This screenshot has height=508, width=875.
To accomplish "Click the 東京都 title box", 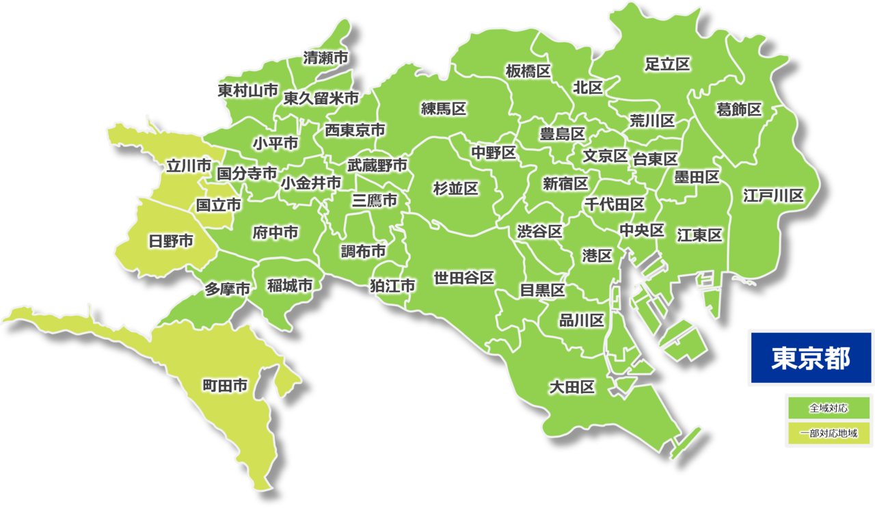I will pos(811,358).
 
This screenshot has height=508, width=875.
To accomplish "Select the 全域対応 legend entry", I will pos(829,408).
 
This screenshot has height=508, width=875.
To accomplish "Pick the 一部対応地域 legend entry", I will pos(829,433).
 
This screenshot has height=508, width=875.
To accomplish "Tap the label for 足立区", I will pos(667,64).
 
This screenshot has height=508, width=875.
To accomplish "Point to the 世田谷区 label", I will pos(463,278).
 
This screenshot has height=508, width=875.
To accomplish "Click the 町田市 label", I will pos(225,386).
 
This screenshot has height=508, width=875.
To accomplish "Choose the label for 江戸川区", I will pos(773,196).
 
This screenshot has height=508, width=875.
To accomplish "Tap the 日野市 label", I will pos(170,241).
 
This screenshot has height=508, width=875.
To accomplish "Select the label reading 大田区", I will pos(572,388).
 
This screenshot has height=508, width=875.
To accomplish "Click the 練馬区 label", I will pos(443,108).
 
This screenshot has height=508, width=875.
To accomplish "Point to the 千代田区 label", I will pos(614,204).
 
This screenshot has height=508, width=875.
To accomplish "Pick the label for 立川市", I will pos(189,165).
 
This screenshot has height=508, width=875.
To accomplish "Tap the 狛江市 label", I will pos(392,286).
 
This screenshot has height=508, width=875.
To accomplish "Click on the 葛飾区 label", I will pos(738,109).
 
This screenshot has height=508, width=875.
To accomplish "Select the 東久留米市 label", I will pos(321,98).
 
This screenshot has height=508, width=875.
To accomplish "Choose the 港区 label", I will pos(597,256).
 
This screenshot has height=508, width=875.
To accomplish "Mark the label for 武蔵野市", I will pos(377,165).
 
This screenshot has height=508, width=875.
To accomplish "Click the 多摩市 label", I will pos(228,290).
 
